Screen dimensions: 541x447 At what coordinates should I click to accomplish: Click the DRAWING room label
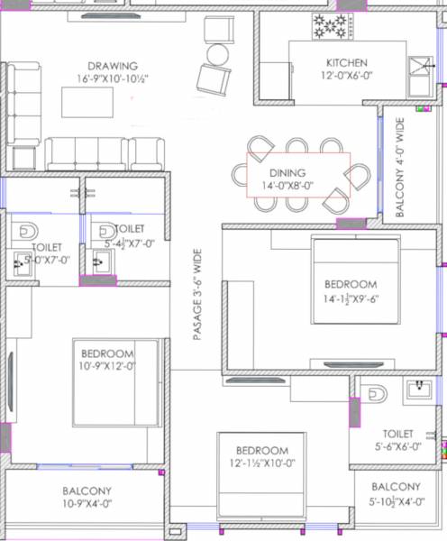113,66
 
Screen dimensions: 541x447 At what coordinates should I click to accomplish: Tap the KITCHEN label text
346,63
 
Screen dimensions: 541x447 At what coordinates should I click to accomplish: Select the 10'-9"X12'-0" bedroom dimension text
107,366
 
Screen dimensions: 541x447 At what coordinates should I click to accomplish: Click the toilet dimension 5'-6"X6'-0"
397,446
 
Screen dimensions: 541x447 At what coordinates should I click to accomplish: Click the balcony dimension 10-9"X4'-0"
87,504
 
